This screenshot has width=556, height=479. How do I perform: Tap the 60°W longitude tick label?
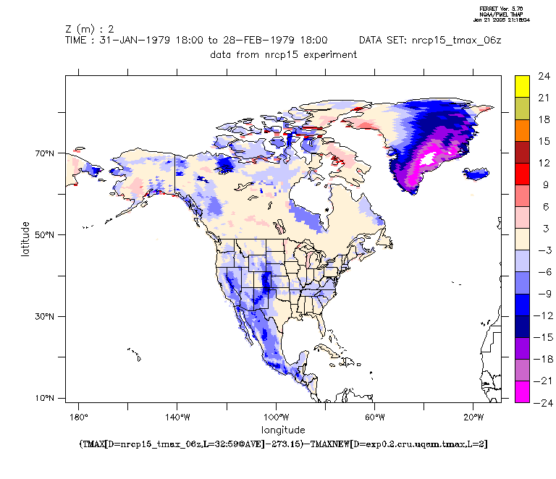pyautogui.click(x=374, y=417)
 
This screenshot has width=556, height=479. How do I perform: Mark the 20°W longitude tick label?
pyautogui.click(x=473, y=417)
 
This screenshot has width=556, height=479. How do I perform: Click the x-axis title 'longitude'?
pyautogui.click(x=282, y=429)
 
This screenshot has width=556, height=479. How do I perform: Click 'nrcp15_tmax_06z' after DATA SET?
pyautogui.click(x=457, y=41)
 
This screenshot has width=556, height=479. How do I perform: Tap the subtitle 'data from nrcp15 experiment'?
pyautogui.click(x=283, y=55)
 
